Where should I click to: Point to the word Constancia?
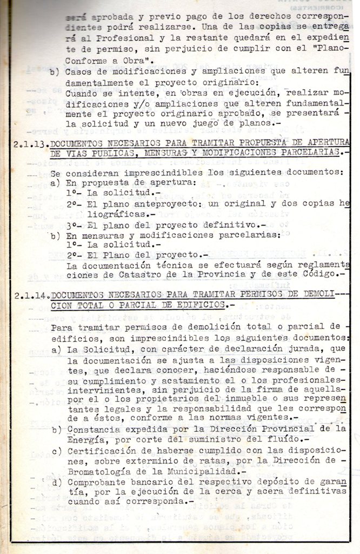click(x=95, y=430)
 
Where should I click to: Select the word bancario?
click(x=159, y=482)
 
